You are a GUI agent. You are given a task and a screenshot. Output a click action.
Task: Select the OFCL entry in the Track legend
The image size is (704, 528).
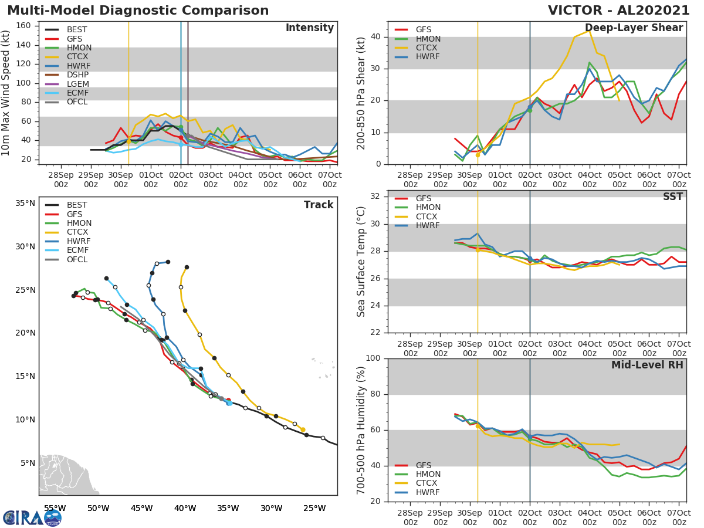pyautogui.click(x=77, y=259)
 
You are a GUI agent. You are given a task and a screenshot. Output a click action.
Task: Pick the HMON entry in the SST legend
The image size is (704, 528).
pyautogui.click(x=428, y=208)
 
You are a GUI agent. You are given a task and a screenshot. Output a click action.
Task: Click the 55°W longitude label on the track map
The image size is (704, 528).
pyautogui.click(x=55, y=508)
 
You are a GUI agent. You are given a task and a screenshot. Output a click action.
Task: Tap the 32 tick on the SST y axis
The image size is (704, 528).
pyautogui.click(x=375, y=197)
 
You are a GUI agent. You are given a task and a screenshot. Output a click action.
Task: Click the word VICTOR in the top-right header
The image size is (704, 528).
pyautogui.click(x=575, y=11)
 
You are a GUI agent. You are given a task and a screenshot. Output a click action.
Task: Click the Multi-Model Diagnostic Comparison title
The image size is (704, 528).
pyautogui.click(x=138, y=11)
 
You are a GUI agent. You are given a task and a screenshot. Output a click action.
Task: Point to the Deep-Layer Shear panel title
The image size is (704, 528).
pyautogui.click(x=634, y=28)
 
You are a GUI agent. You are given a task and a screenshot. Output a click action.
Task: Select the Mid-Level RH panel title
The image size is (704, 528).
pyautogui.click(x=647, y=365)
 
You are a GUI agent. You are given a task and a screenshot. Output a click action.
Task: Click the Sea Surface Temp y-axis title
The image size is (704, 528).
pyautogui.click(x=361, y=261)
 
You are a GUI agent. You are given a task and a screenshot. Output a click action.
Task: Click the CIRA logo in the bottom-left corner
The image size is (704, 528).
pyautogui.click(x=32, y=517)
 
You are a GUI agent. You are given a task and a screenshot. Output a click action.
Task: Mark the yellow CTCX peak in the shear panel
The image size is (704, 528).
pyautogui.click(x=588, y=31)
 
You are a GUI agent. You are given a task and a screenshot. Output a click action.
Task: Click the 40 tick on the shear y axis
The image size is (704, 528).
pyautogui.click(x=375, y=37)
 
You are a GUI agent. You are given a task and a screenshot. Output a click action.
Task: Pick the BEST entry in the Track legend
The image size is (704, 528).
pyautogui.click(x=77, y=205)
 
